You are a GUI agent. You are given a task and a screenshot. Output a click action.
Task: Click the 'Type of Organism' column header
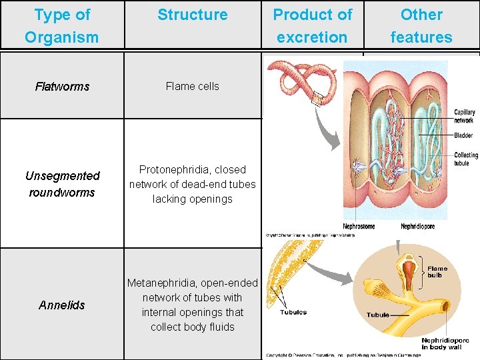(x=62, y=25)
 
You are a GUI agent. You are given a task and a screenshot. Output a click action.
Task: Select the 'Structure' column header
(x=192, y=15)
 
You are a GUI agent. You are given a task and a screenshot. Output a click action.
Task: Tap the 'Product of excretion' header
(x=312, y=25)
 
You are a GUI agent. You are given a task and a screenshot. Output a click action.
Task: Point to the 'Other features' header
(x=421, y=25)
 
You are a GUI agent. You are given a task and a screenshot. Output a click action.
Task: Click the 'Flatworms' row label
(x=62, y=87)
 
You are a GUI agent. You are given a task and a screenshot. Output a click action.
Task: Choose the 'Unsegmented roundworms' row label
(x=62, y=184)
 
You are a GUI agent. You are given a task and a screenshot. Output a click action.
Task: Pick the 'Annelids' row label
(x=62, y=305)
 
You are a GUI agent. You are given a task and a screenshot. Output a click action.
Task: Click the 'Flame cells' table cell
(x=192, y=86)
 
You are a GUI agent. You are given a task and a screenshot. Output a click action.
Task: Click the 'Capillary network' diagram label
(x=464, y=117)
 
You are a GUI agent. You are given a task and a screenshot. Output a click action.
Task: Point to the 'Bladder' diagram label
(x=463, y=135)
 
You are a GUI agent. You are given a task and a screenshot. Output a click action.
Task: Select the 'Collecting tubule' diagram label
(x=465, y=159)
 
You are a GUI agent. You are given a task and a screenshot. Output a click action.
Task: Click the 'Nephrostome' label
(x=359, y=227)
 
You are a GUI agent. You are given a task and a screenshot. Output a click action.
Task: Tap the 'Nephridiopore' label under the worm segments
(x=418, y=227)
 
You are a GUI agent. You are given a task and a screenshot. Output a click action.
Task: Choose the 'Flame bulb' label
(x=437, y=272)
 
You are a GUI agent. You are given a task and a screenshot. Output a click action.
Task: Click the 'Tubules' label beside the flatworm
(x=293, y=312)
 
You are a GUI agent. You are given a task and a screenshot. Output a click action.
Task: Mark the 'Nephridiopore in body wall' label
(x=445, y=344)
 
